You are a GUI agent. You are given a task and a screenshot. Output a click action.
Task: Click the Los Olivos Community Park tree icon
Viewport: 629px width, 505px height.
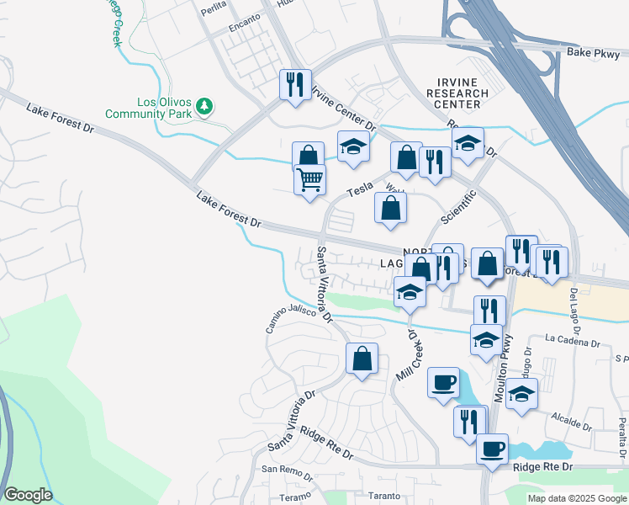203,107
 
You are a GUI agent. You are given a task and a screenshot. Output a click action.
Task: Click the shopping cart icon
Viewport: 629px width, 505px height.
309,179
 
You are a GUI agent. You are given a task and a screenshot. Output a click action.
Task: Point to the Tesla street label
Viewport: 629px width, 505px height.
360,191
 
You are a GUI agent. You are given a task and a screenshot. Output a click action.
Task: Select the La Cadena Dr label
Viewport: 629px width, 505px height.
572,343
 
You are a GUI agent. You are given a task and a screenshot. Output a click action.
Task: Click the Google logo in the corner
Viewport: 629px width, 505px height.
27,495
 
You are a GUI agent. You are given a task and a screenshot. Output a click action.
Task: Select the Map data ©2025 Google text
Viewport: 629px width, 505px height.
577,498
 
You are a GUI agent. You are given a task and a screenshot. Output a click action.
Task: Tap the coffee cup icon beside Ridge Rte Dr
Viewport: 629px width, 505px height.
493,447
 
